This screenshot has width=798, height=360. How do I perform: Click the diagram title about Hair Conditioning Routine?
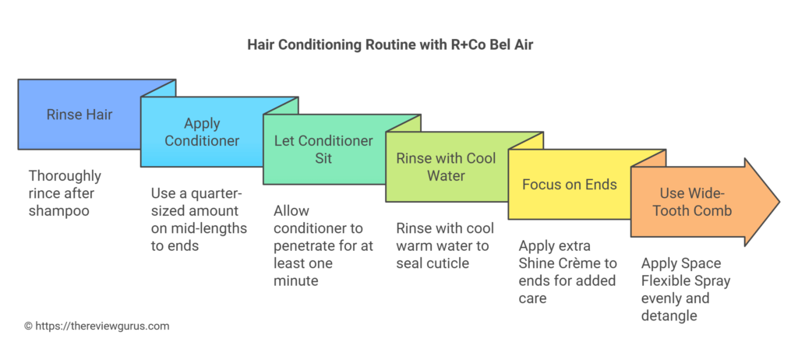point(390,45)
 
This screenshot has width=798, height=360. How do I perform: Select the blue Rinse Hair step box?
point(79,115)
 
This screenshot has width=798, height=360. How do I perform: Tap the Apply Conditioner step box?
point(202,132)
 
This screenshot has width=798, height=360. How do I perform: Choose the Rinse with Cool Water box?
point(446,167)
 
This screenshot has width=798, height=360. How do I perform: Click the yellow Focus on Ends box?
point(569,185)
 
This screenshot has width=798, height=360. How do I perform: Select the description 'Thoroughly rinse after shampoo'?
point(65,193)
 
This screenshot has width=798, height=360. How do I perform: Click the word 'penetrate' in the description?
point(302,245)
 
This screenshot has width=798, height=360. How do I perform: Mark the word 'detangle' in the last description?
point(669,316)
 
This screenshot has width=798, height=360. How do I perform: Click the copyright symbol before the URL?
point(28,326)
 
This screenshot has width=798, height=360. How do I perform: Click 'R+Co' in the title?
point(463,45)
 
